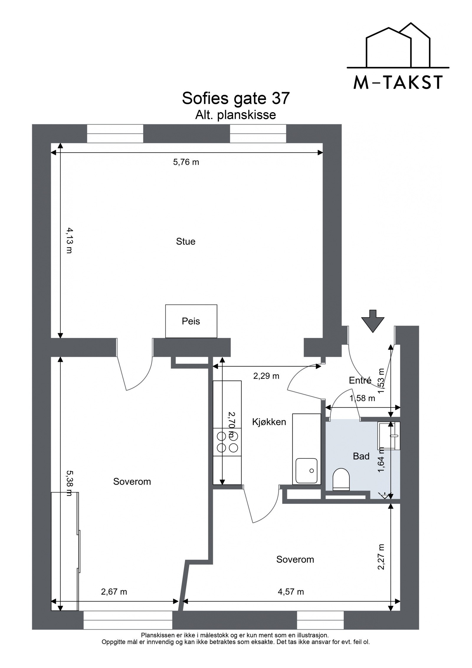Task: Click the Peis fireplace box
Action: pyautogui.click(x=191, y=321)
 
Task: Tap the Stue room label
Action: pyautogui.click(x=186, y=241)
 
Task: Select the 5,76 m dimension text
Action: pyautogui.click(x=186, y=162)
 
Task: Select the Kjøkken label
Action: pyautogui.click(x=269, y=422)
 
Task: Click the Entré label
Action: pyautogui.click(x=360, y=380)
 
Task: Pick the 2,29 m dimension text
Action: pyautogui.click(x=266, y=376)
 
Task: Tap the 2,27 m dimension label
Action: pyautogui.click(x=381, y=556)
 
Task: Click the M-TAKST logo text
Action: pyautogui.click(x=398, y=82)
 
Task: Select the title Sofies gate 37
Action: pyautogui.click(x=236, y=98)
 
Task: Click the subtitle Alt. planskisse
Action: pyautogui.click(x=235, y=115)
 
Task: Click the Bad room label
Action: pyautogui.click(x=361, y=456)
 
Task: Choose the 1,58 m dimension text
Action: pyautogui.click(x=362, y=398)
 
